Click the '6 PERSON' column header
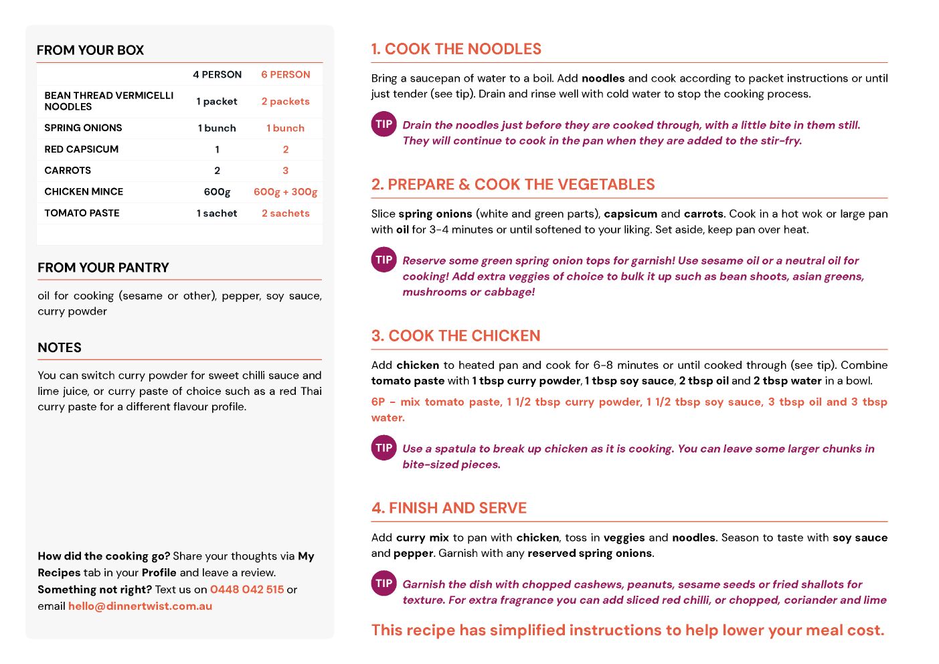[285, 75]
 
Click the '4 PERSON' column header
[217, 75]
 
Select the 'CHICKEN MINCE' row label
[84, 192]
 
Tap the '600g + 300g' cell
[285, 192]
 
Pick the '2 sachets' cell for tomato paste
[285, 214]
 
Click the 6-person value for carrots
[285, 171]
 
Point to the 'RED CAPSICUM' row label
[81, 149]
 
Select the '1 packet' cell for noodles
[217, 102]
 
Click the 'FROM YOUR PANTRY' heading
[103, 268]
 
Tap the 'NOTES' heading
[60, 348]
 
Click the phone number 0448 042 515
[247, 590]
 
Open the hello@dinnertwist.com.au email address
[140, 606]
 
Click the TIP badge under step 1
[384, 124]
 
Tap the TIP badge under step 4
[384, 584]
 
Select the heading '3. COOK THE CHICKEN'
[456, 336]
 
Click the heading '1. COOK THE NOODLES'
[456, 50]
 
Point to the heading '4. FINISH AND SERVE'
[449, 509]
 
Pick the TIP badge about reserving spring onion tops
[384, 260]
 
